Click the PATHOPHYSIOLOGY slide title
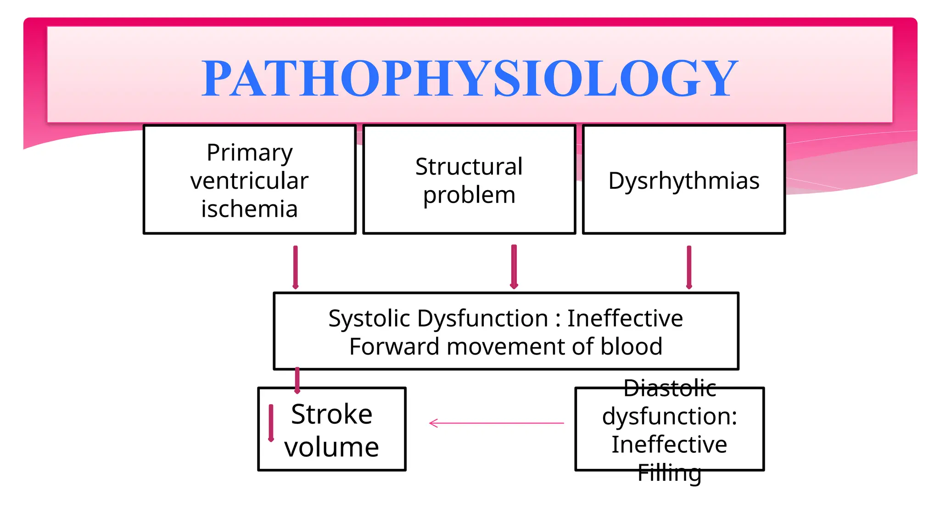tap(470, 78)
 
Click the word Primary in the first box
tap(249, 153)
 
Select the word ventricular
tap(249, 181)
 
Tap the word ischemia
tap(249, 209)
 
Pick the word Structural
tap(469, 167)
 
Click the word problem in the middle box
tap(469, 195)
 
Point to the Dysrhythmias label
tap(683, 180)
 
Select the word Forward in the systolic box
tap(394, 346)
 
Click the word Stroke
tap(331, 414)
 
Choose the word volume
tap(331, 447)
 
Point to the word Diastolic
tap(670, 388)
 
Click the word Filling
tap(669, 473)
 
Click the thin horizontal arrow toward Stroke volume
tap(496, 423)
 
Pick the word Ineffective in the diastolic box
tap(669, 445)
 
